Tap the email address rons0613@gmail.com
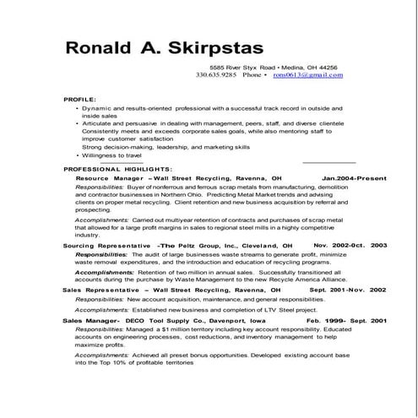tap(308, 75)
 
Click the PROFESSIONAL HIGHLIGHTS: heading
tap(117, 170)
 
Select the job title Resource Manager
tap(109, 179)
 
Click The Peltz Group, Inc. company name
tap(199, 245)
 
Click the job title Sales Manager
tap(90, 321)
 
